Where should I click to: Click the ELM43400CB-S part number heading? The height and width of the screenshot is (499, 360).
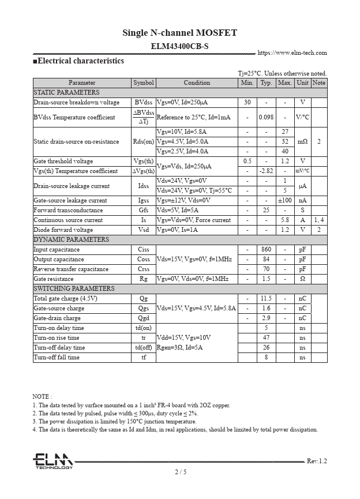click(179, 46)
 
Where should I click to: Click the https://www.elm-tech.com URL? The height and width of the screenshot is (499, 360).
click(292, 52)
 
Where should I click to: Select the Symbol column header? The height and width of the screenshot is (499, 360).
click(144, 82)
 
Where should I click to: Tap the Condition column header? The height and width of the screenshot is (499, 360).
click(197, 82)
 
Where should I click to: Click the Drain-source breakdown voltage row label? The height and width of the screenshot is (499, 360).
click(77, 102)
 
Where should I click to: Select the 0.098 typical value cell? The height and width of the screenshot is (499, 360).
click(266, 117)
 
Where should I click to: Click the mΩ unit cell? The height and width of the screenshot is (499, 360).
click(302, 141)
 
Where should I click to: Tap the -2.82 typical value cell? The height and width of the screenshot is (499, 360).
click(266, 171)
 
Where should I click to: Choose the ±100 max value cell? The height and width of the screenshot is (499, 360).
click(285, 200)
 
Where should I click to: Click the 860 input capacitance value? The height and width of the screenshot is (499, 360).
click(266, 249)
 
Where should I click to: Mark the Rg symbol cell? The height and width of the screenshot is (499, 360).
click(144, 279)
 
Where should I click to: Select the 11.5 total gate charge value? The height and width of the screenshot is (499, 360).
click(266, 298)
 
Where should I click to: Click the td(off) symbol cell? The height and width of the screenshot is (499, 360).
click(144, 347)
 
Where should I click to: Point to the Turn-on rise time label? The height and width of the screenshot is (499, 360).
click(57, 337)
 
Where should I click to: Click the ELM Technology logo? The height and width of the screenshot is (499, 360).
click(52, 461)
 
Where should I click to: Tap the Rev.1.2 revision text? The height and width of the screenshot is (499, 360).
click(316, 461)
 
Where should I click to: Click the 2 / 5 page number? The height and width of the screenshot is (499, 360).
click(180, 472)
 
